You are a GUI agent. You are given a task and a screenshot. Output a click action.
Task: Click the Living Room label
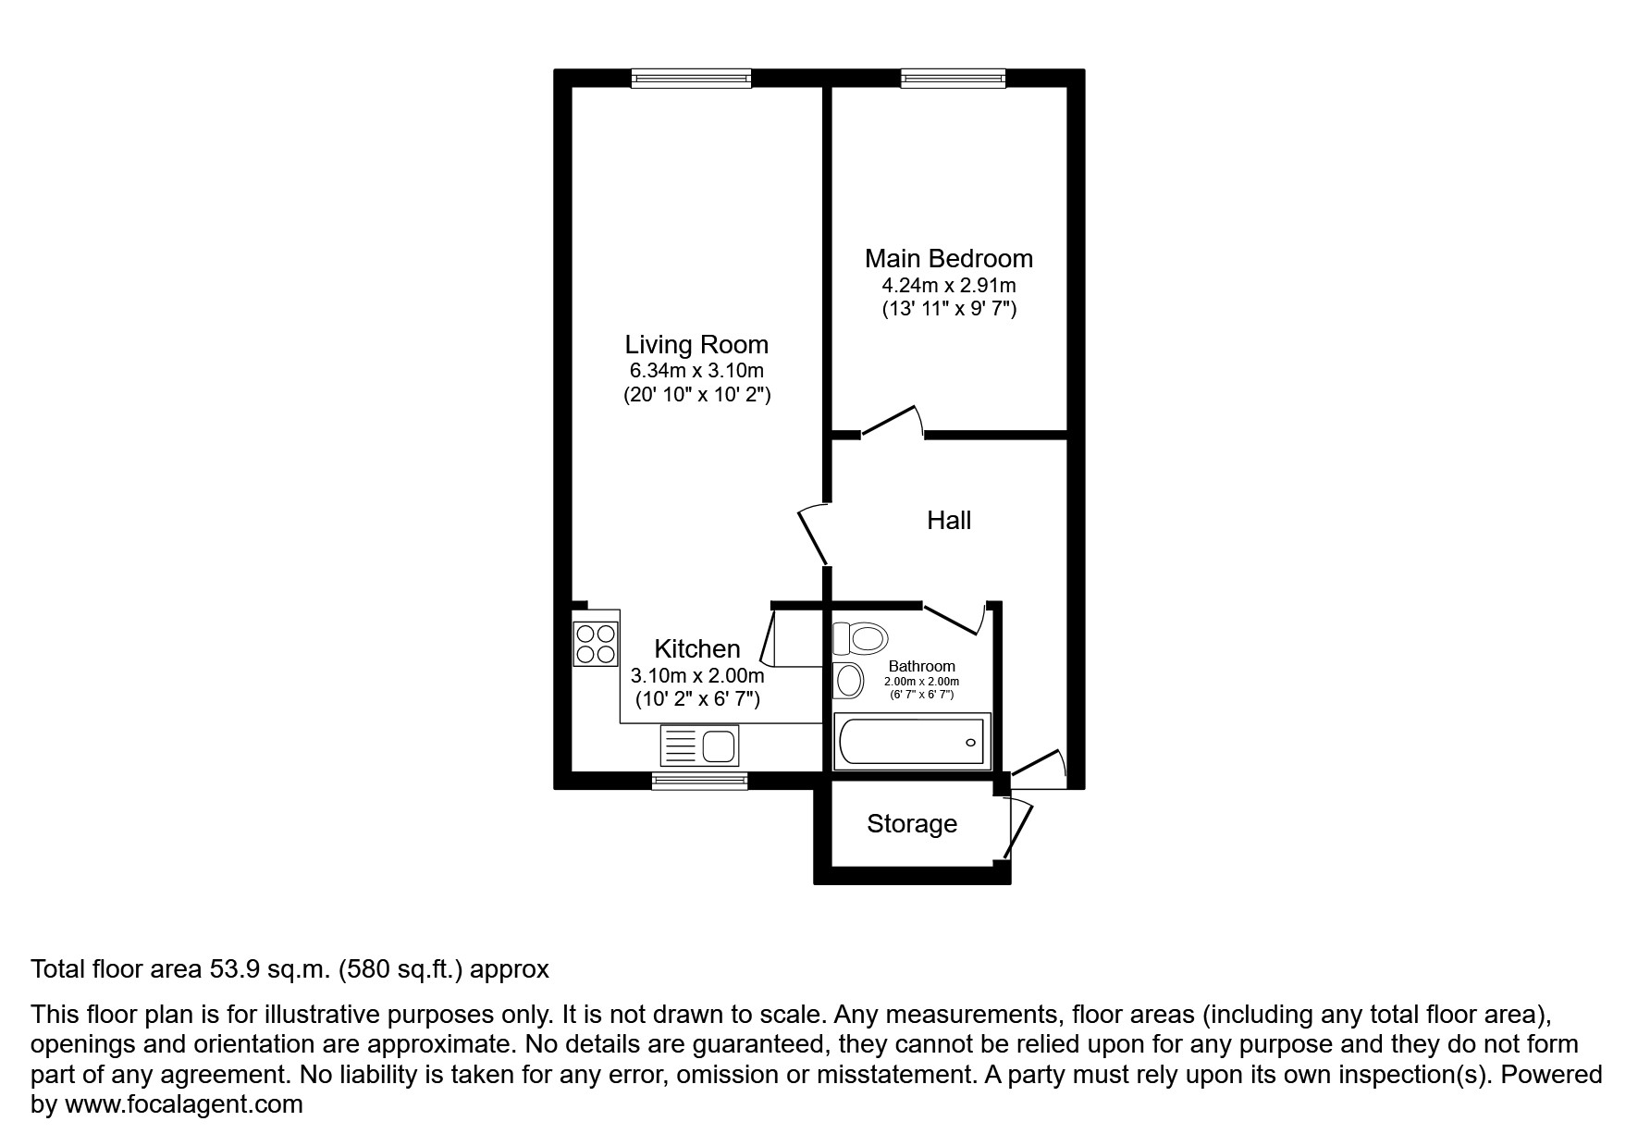click(696, 345)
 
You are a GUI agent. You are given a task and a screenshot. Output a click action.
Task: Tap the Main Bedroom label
click(948, 259)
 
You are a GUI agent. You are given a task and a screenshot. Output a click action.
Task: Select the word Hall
click(949, 521)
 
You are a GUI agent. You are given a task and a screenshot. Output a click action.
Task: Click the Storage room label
click(911, 824)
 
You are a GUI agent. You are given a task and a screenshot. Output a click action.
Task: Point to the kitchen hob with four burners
click(596, 645)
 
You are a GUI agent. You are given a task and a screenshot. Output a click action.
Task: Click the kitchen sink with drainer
click(700, 745)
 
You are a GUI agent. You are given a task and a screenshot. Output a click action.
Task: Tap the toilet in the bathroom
click(861, 637)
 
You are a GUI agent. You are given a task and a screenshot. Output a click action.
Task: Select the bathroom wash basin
click(848, 681)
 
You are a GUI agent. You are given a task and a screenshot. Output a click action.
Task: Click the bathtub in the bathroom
click(912, 742)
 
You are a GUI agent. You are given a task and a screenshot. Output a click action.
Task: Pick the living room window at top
click(691, 80)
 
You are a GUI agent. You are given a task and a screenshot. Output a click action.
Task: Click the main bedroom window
click(953, 80)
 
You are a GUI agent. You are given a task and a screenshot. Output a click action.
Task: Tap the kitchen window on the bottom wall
click(699, 782)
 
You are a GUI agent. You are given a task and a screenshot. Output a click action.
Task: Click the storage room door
click(1017, 826)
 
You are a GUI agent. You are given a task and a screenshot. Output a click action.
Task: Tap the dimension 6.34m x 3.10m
click(696, 371)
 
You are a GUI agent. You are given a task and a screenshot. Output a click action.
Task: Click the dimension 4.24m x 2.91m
click(948, 286)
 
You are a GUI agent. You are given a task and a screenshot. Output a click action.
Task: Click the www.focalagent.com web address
click(183, 1104)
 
